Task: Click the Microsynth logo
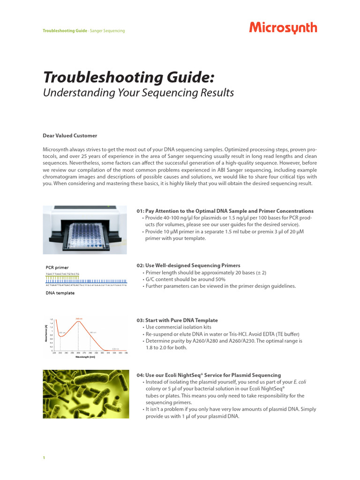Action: (283, 29)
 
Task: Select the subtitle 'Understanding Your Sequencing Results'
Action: (138, 93)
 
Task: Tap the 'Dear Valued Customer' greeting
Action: (70, 135)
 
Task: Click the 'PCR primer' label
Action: (57, 268)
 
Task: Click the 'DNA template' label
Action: (60, 293)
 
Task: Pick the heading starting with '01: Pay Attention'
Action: (225, 211)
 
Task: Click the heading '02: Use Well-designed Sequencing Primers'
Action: (188, 265)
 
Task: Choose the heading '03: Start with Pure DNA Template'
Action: (177, 320)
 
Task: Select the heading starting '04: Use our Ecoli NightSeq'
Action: (209, 375)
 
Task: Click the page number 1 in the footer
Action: (44, 457)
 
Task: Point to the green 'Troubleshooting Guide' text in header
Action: (65, 30)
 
